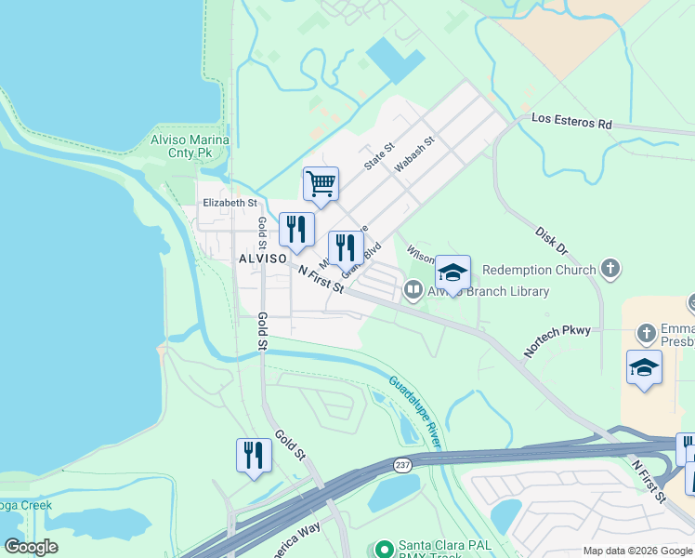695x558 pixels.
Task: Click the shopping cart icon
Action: [321, 183]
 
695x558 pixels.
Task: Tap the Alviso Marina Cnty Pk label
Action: [190, 145]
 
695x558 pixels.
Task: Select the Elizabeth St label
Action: [229, 202]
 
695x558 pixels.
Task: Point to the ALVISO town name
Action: [262, 258]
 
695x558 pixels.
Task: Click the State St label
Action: [380, 153]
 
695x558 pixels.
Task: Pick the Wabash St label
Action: [414, 154]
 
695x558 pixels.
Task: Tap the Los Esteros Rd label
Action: [571, 121]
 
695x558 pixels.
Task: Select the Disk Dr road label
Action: [551, 240]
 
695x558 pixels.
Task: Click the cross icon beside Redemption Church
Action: [610, 270]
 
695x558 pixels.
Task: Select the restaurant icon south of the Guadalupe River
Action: [254, 455]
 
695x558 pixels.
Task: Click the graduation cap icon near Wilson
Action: [452, 272]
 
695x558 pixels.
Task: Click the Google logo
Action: [31, 547]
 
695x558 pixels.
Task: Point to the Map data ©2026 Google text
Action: [636, 551]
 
